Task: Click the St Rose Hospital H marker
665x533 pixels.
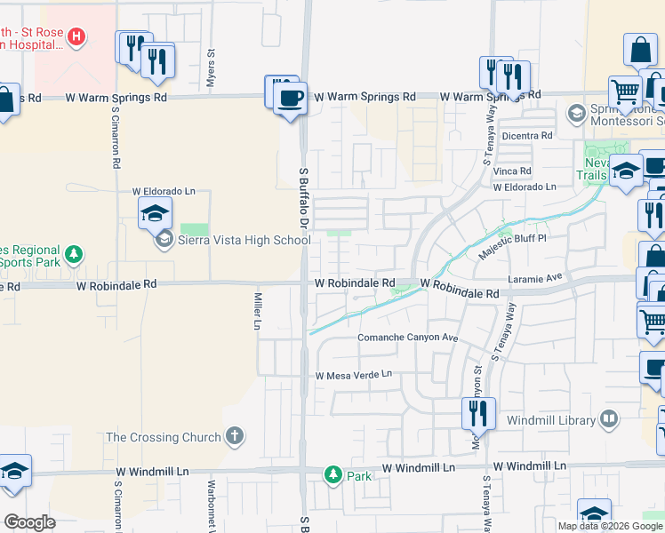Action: pos(77,36)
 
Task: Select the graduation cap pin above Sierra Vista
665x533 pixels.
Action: pos(155,213)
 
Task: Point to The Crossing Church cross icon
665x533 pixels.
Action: pos(234,435)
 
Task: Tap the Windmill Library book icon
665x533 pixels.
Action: pos(609,418)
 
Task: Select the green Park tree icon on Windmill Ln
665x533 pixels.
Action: pos(333,475)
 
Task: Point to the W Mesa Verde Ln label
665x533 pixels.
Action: pos(354,375)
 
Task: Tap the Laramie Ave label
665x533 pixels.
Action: pos(536,277)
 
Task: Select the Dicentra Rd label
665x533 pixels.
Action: pos(527,136)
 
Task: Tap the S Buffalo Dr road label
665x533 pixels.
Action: pos(303,195)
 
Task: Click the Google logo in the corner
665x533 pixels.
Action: pos(29,521)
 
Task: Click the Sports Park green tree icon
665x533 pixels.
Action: pos(75,255)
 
